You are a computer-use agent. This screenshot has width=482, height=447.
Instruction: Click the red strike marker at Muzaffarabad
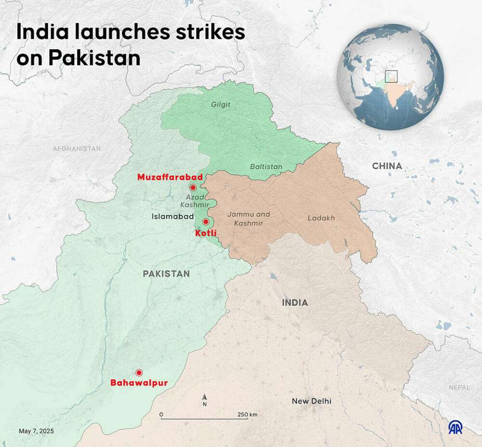tap(193, 188)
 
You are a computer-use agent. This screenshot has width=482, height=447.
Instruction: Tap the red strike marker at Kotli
tap(206, 222)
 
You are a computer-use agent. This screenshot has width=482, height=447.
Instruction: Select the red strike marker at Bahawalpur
tap(139, 372)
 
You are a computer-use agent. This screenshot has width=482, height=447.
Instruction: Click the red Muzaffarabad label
tap(170, 177)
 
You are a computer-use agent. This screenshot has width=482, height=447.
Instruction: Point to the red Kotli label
tap(206, 233)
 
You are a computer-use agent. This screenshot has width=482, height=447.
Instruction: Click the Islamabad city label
tap(173, 217)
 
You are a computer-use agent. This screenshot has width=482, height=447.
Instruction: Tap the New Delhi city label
tap(311, 401)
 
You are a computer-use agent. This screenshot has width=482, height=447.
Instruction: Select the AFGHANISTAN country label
tap(77, 149)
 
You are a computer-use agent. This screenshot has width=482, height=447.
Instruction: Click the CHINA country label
tap(387, 166)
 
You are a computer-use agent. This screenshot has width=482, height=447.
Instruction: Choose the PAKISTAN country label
tap(166, 274)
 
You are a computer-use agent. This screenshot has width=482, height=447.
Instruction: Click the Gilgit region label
tap(221, 104)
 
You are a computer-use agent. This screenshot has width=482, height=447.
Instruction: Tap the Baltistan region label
tap(266, 166)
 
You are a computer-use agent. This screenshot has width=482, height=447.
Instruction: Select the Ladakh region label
tap(321, 218)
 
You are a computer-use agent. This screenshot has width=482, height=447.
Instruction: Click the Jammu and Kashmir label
tap(249, 218)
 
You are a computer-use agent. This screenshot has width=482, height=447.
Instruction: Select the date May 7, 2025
tap(37, 431)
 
